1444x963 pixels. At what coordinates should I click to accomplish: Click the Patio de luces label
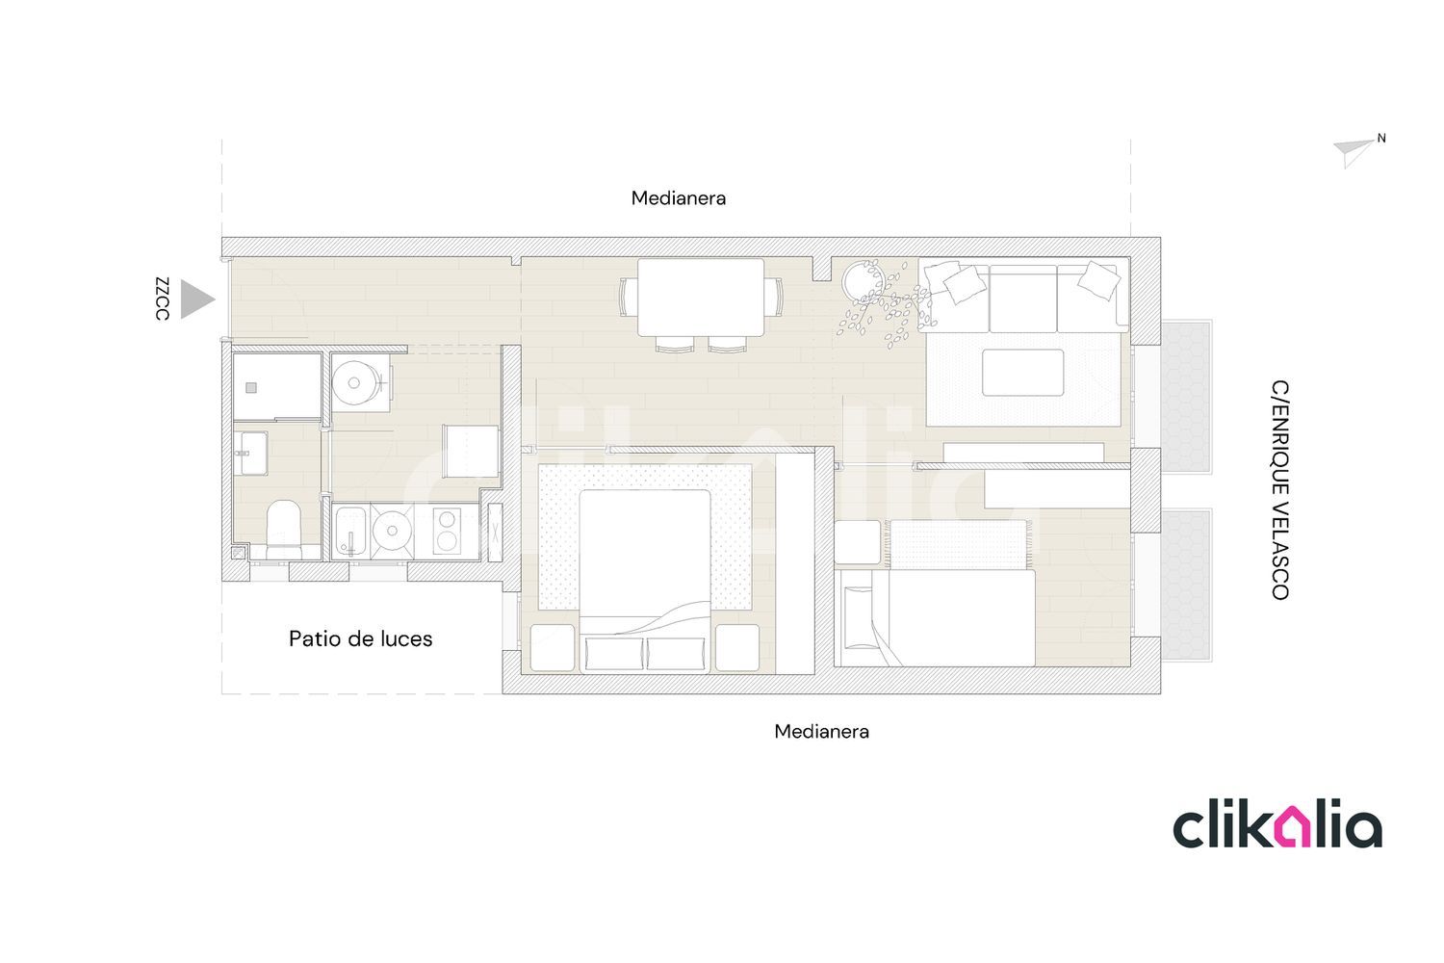point(360,638)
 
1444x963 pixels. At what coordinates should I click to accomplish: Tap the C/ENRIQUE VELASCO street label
point(1279,489)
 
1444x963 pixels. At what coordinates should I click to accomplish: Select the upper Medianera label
point(678,198)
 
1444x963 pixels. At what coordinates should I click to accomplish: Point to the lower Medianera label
point(821,732)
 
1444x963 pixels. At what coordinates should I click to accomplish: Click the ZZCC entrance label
point(162,299)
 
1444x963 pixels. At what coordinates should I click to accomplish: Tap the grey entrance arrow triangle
point(196,299)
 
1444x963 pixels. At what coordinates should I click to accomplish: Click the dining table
point(701,298)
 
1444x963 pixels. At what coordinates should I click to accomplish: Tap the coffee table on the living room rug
point(1022,372)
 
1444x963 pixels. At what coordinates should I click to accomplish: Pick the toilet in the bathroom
point(284,530)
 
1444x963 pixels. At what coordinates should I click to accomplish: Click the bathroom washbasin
point(250,453)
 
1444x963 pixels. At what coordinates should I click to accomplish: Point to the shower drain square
point(251,388)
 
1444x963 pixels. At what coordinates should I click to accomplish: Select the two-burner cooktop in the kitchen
point(447,531)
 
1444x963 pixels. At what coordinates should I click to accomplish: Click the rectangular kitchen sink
point(350,532)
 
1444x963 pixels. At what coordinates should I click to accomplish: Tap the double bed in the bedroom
point(645,581)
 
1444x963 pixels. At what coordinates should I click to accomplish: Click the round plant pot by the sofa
point(863,280)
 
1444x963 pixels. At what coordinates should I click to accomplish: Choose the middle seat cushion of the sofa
point(1023,298)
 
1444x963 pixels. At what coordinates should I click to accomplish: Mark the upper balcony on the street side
point(1186,397)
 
